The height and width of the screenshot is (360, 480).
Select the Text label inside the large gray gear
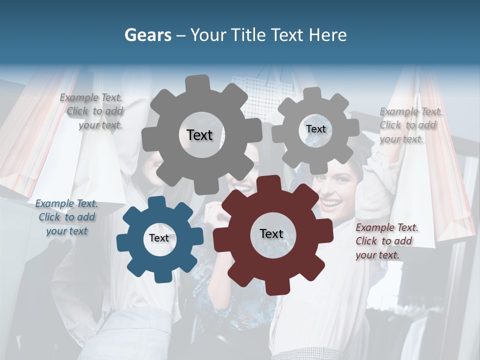coord(199,135)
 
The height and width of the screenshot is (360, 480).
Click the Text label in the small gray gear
coord(315,129)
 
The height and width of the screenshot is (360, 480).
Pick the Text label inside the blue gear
coord(159,238)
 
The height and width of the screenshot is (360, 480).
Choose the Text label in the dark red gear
coord(271,233)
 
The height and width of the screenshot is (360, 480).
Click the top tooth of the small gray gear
coord(313,93)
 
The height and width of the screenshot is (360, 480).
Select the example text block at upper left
coord(92,111)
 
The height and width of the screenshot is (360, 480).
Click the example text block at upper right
coord(410,125)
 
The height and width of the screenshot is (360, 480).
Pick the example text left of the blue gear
coord(66,217)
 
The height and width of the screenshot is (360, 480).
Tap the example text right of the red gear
coord(386,241)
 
